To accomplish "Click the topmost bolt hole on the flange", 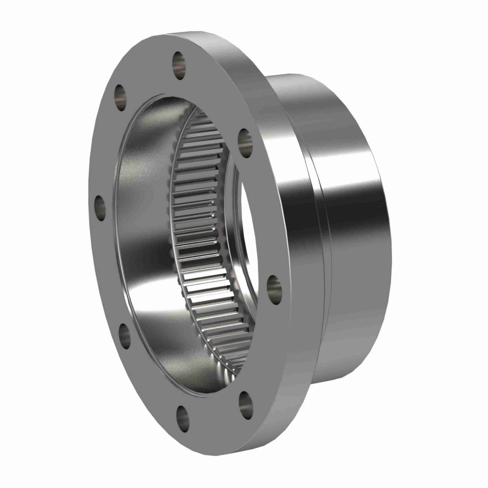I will click(x=179, y=61).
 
